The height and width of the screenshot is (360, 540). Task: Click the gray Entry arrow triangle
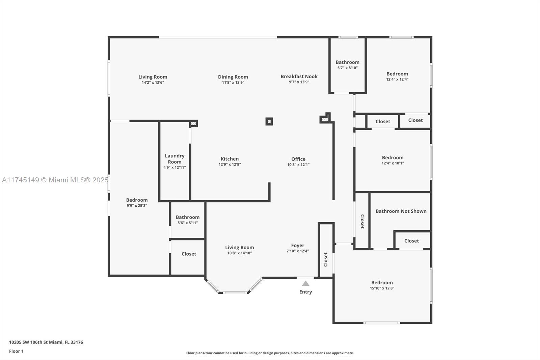pyautogui.click(x=305, y=283)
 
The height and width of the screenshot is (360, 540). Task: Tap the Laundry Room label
pyautogui.click(x=174, y=159)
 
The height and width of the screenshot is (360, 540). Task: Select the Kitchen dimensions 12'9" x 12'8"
pyautogui.click(x=230, y=164)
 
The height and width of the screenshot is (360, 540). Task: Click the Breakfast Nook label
pyautogui.click(x=299, y=76)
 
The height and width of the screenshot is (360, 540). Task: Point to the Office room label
pyautogui.click(x=298, y=159)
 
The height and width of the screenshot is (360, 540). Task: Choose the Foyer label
pyautogui.click(x=298, y=246)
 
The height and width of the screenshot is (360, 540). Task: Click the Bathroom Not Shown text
pyautogui.click(x=401, y=211)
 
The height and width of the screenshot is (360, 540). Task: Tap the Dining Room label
pyautogui.click(x=233, y=77)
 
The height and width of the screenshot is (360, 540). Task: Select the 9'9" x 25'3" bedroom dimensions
pyautogui.click(x=137, y=206)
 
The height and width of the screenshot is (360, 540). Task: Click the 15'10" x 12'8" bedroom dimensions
pyautogui.click(x=382, y=288)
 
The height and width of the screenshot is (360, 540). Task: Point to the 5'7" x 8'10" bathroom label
pyautogui.click(x=347, y=68)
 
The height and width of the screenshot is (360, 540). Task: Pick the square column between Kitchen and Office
pyautogui.click(x=269, y=121)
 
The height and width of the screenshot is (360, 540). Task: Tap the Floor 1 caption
pyautogui.click(x=17, y=351)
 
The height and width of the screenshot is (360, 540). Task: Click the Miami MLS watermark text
pyautogui.click(x=55, y=180)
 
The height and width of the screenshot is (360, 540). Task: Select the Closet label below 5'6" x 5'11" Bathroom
pyautogui.click(x=189, y=254)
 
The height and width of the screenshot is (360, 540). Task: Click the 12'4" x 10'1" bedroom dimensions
pyautogui.click(x=393, y=163)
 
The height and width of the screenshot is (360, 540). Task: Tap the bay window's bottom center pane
pyautogui.click(x=235, y=293)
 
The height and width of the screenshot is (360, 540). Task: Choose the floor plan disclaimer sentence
pyautogui.click(x=270, y=353)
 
